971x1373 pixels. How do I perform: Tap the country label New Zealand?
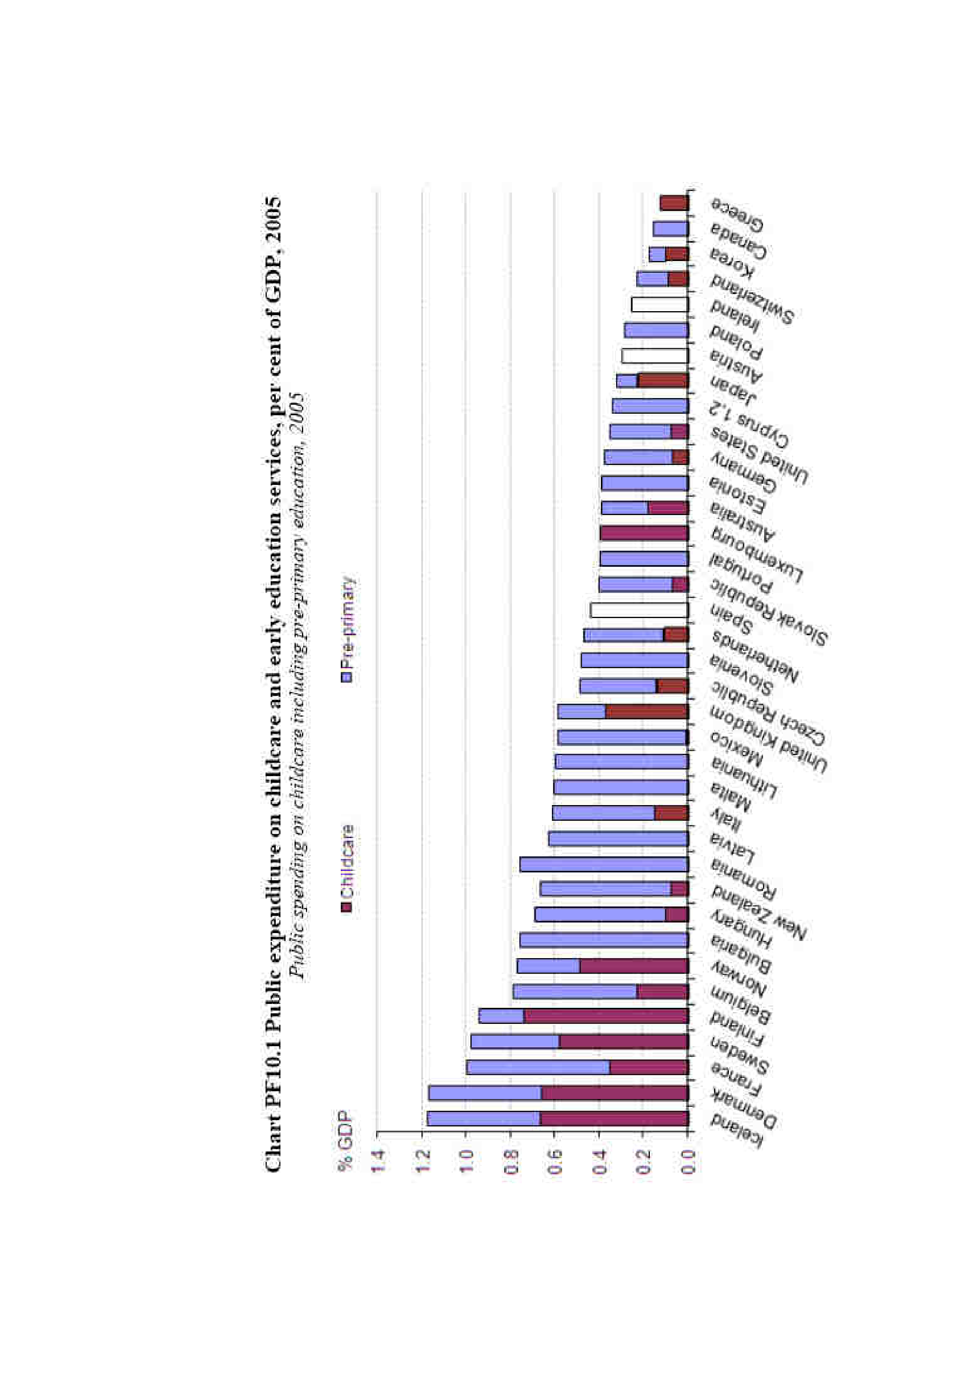click(x=759, y=913)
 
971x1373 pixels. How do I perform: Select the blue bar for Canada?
click(x=671, y=229)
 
